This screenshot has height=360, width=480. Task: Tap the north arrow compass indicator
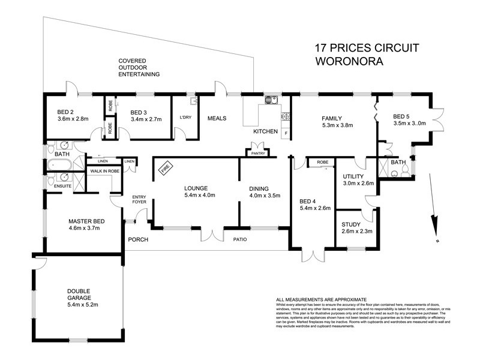(x=434, y=227)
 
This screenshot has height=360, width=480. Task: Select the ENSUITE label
(x=62, y=187)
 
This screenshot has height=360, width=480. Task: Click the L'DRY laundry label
(x=185, y=118)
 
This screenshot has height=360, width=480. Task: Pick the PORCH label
(x=137, y=240)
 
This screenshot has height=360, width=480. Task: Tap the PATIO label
(x=240, y=241)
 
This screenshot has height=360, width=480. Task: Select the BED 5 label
(x=403, y=116)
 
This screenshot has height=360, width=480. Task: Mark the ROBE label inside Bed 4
(x=322, y=162)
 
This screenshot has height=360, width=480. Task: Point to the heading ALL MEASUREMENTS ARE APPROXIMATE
(x=321, y=299)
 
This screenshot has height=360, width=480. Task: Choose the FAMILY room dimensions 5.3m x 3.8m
(x=337, y=126)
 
